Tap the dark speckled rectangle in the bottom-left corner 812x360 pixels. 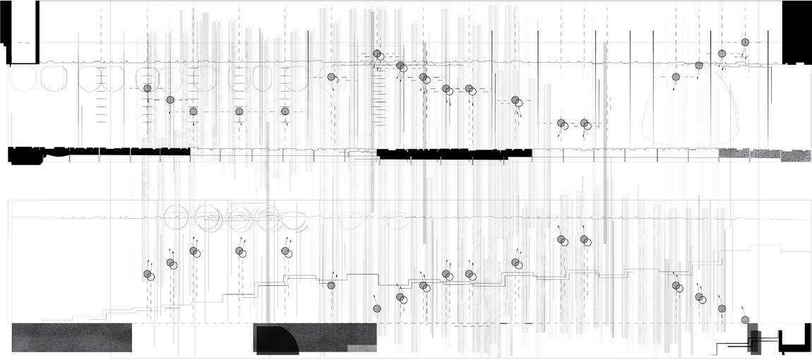[71, 337]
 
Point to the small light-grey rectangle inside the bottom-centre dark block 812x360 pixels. [361, 347]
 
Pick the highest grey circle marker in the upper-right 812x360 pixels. [745, 42]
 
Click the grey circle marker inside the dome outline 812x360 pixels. [676, 76]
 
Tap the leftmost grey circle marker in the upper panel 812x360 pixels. [147, 88]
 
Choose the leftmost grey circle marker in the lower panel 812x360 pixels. [148, 274]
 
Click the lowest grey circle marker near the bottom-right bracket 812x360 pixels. [745, 320]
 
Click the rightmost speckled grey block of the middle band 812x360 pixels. [795, 154]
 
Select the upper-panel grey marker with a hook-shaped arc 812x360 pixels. [331, 77]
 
